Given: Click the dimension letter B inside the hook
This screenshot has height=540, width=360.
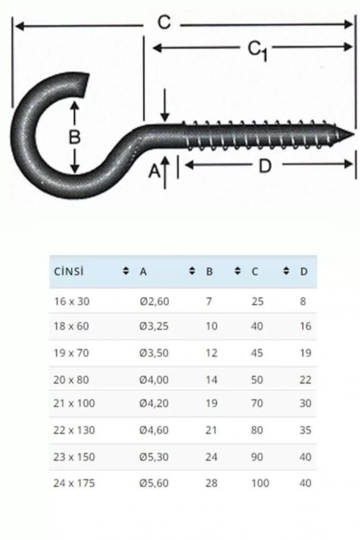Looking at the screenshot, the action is (x=75, y=137).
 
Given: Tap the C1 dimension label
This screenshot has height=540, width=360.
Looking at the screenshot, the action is (x=257, y=50).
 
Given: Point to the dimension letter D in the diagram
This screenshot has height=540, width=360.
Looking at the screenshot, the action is (x=265, y=166).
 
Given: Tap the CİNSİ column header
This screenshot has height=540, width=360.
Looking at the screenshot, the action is (x=69, y=272).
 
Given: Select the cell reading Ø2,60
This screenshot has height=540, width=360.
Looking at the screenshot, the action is (x=154, y=301).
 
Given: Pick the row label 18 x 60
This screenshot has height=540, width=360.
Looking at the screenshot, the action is (x=71, y=326).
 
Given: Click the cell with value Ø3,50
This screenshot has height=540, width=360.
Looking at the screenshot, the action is (x=154, y=353).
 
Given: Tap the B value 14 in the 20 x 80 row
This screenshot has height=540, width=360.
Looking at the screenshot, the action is (x=211, y=380).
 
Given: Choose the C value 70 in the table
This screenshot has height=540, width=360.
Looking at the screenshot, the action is (x=257, y=403).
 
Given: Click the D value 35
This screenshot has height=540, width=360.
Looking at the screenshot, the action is (x=305, y=430).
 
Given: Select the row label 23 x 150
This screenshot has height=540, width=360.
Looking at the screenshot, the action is (x=74, y=457).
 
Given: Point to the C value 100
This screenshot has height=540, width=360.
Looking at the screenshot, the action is (x=260, y=483).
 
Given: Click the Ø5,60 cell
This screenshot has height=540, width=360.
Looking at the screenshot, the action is (x=154, y=483).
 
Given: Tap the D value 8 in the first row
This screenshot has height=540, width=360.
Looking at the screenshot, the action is (x=303, y=301).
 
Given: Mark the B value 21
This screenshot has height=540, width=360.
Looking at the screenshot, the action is (x=211, y=430).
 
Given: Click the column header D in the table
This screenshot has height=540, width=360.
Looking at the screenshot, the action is (x=304, y=272).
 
